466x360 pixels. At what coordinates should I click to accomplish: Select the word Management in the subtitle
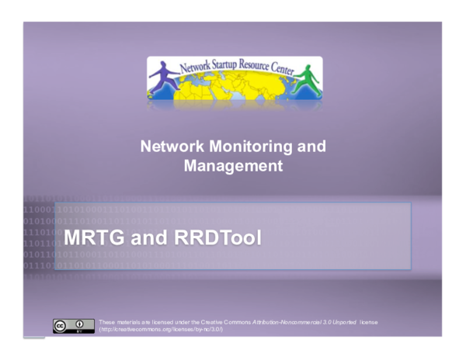[x=232, y=165]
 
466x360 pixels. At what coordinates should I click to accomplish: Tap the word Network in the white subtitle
[x=168, y=147]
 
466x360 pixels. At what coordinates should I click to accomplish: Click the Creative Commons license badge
[x=68, y=326]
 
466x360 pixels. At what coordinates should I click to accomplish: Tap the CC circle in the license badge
[x=60, y=324]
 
